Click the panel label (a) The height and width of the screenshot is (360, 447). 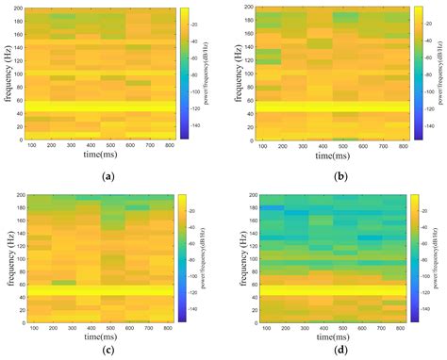pyautogui.click(x=109, y=175)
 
